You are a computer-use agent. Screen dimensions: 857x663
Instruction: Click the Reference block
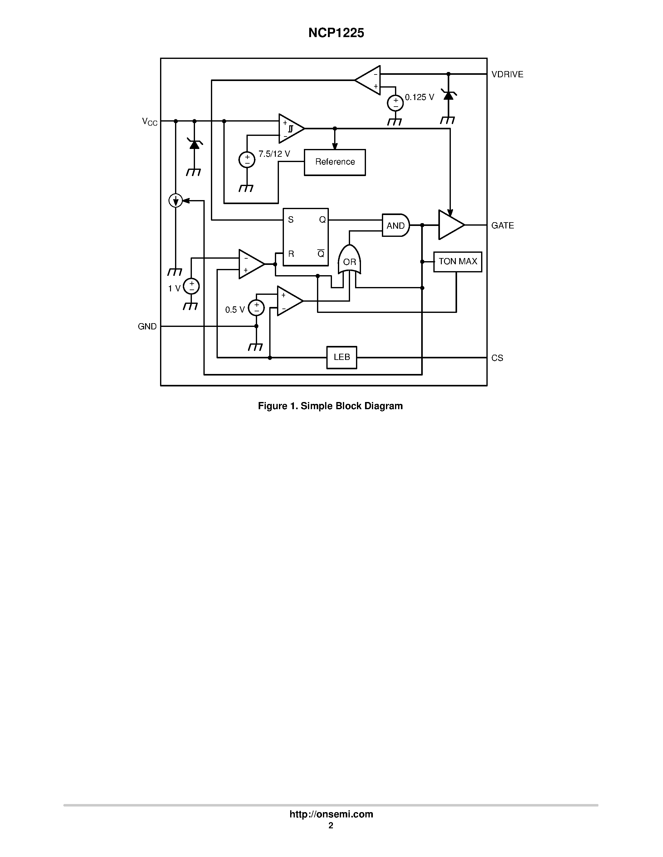tap(335, 162)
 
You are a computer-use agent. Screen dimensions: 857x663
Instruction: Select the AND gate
tap(395, 225)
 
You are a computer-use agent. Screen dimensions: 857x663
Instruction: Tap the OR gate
tap(349, 261)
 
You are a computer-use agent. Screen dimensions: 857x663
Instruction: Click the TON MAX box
tap(458, 262)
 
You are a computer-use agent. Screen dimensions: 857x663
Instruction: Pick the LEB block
tap(341, 357)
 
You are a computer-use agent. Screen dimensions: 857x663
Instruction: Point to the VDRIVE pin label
tap(507, 74)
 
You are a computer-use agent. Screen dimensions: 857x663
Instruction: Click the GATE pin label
tap(502, 226)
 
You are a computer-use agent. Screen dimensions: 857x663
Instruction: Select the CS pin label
tap(497, 358)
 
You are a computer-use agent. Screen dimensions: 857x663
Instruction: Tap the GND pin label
tap(147, 327)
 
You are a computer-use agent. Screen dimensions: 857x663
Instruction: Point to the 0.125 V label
tap(419, 97)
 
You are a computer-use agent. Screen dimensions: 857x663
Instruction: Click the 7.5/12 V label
tap(274, 154)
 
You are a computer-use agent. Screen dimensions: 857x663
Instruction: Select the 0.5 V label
tap(235, 310)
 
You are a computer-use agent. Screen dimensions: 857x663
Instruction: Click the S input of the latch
tap(291, 220)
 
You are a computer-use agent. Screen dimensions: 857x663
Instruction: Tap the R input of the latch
tap(291, 254)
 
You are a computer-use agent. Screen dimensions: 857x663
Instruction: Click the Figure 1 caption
tap(330, 406)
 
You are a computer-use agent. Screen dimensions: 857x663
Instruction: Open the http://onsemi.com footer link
tap(331, 814)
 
